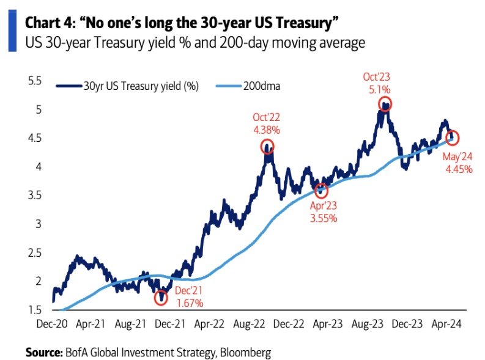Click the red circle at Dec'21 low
[161, 298]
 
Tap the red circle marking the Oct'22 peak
[267, 147]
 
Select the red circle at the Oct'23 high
[384, 105]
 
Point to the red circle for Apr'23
[321, 191]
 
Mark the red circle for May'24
[453, 138]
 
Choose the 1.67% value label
[189, 303]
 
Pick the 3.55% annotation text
[322, 217]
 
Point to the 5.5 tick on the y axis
[35, 81]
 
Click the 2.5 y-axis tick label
[35, 252]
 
